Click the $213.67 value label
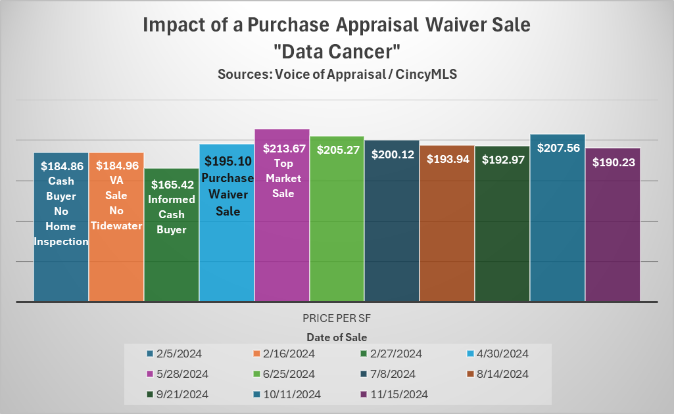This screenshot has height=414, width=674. click(282, 149)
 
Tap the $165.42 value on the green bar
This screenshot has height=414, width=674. click(171, 185)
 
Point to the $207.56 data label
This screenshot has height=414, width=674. click(558, 148)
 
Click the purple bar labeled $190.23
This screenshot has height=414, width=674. click(613, 230)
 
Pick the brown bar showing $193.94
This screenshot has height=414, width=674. click(447, 230)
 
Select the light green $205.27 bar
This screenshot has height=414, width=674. click(337, 230)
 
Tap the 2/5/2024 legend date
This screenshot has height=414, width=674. click(180, 354)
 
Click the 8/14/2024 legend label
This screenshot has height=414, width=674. click(508, 374)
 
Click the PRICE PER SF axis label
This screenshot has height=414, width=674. click(337, 318)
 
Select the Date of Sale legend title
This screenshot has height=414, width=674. click(337, 337)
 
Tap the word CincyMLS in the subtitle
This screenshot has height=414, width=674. click(426, 74)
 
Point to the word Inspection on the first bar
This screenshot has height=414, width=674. click(61, 241)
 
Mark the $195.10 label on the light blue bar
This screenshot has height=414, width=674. click(226, 161)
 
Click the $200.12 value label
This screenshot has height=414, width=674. click(393, 154)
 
